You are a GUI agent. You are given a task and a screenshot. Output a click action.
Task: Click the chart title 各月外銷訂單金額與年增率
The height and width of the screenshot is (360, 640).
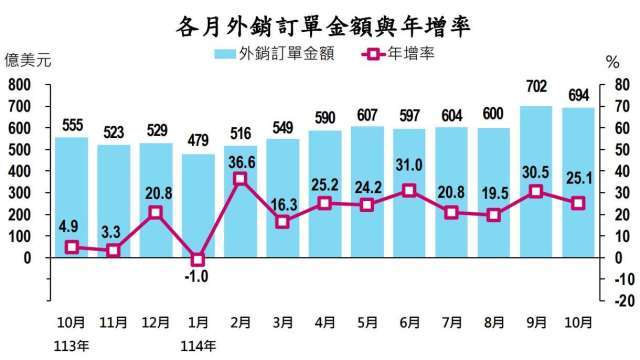(320, 22)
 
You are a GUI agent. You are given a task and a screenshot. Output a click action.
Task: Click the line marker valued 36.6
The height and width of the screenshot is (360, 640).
(240, 179)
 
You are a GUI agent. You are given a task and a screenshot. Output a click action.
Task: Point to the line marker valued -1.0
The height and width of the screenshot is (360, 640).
(197, 259)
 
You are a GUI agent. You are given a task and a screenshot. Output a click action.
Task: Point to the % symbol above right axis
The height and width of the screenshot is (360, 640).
(613, 63)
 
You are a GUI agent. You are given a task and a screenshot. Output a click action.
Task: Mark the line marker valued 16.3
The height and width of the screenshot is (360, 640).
(283, 222)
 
